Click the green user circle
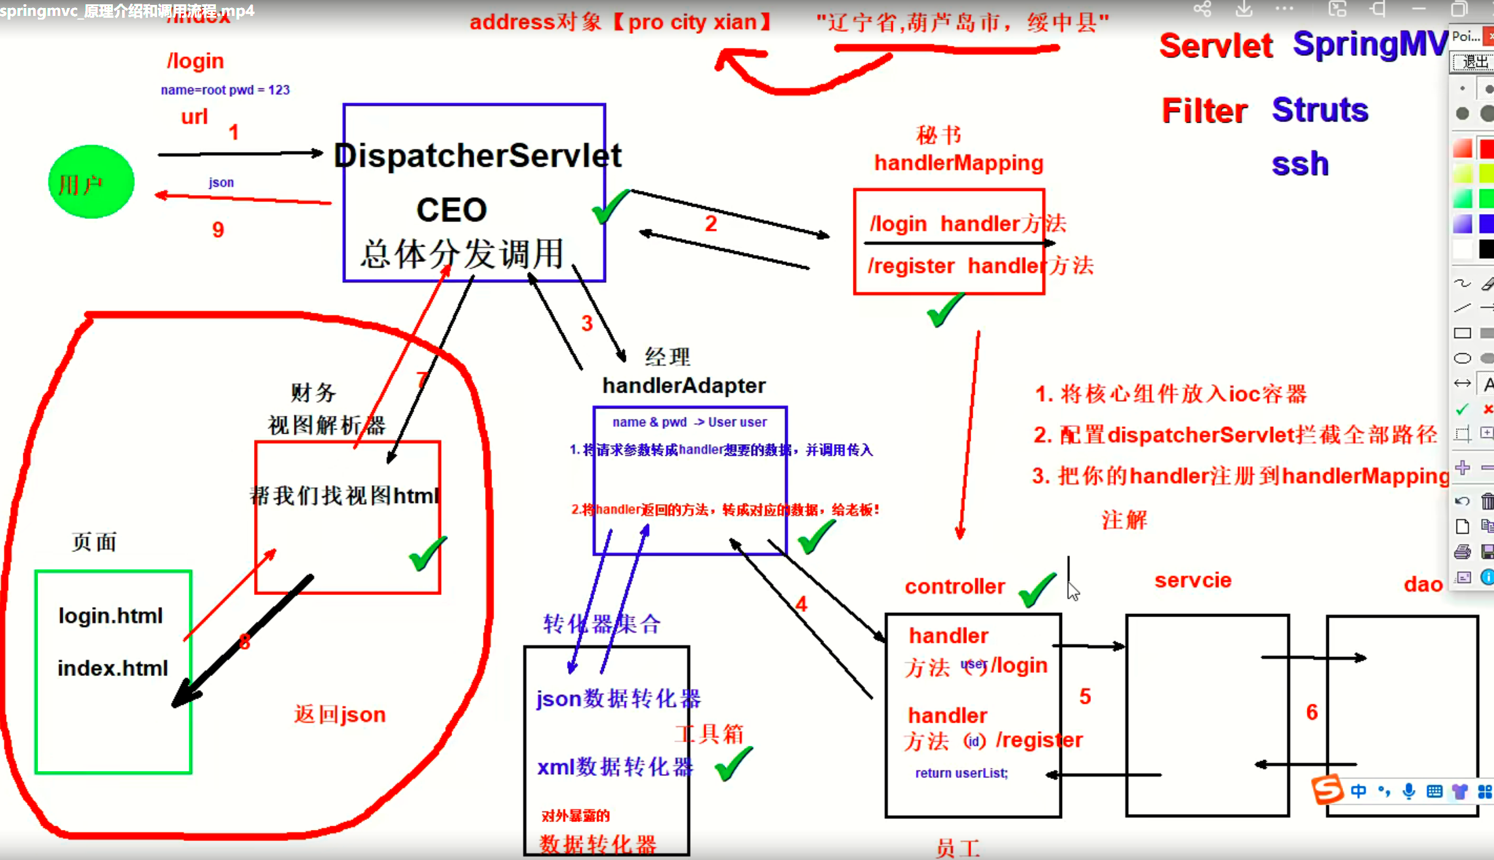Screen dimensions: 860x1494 coord(91,182)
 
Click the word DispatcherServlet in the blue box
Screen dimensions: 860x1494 coord(477,156)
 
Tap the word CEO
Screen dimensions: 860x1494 coord(452,210)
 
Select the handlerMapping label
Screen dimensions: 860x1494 coord(958,163)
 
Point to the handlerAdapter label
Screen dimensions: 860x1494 coord(683,386)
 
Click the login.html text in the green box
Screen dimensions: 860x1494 coord(110,616)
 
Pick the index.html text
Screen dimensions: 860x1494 coord(113,668)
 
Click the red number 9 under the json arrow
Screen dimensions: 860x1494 coord(218,230)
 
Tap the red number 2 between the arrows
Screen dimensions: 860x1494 coord(710,224)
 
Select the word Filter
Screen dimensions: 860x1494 coord(1204,111)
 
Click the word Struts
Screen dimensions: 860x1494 coord(1320,110)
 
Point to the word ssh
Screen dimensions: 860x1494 coord(1300,164)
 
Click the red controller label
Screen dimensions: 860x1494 coord(955,587)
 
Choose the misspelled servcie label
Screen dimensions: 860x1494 coord(1193,580)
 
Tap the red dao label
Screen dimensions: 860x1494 coord(1423,585)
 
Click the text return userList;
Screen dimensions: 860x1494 coord(961,774)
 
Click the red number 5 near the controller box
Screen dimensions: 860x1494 coord(1085,697)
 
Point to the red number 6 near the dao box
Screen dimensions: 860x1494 coord(1312,712)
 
